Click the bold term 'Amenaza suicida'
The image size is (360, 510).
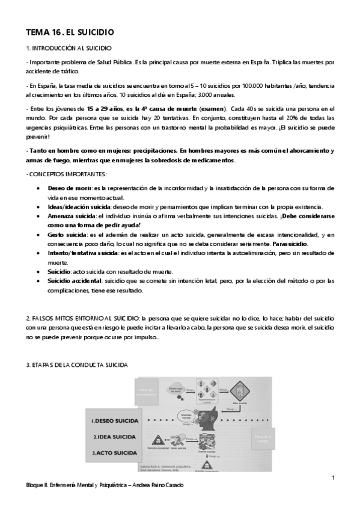pos(71,215)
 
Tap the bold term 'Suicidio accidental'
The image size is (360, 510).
pos(75,281)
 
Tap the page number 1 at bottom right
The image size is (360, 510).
pos(332,478)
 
